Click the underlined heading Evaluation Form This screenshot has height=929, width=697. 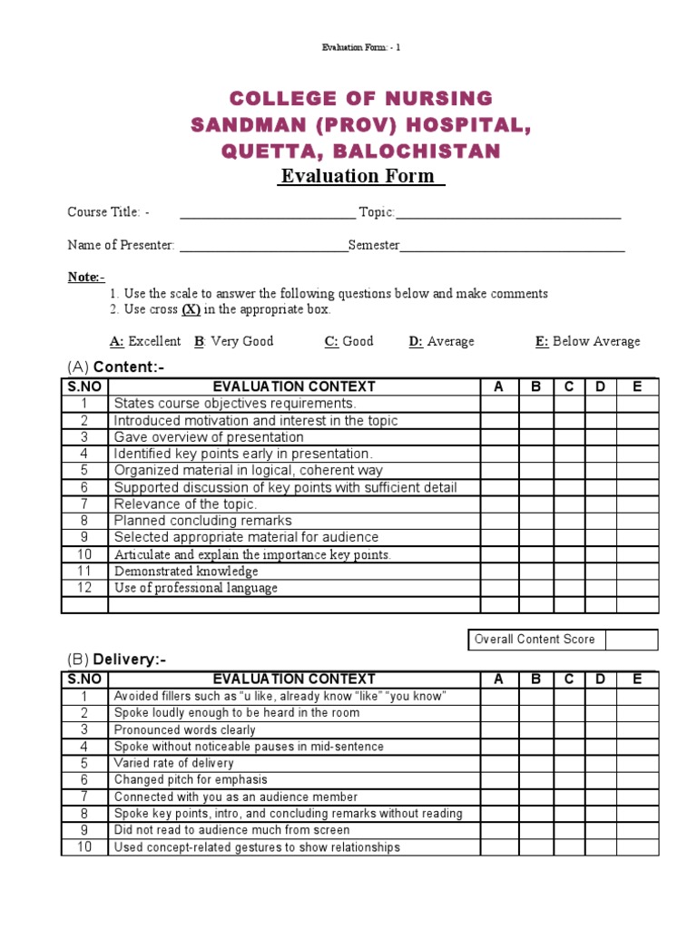click(359, 176)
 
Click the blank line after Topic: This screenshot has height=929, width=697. click(508, 213)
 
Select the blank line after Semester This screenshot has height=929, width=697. click(512, 246)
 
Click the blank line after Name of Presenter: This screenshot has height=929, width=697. click(263, 246)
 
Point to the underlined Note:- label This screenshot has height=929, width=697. click(86, 277)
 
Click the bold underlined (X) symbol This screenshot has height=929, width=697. click(191, 309)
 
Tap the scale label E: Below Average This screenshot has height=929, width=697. click(587, 341)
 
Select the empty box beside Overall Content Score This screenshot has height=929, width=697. click(631, 640)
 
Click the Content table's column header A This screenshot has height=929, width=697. click(498, 386)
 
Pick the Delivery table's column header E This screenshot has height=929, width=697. click(637, 679)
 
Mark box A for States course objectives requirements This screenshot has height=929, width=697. click(498, 404)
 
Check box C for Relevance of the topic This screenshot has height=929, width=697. click(569, 504)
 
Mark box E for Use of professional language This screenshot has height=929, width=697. click(637, 588)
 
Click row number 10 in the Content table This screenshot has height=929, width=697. click(84, 554)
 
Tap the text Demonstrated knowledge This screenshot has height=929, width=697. click(186, 572)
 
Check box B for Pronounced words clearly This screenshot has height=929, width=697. click(535, 729)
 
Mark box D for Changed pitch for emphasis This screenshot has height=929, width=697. click(600, 780)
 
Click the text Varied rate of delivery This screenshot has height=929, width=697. click(173, 763)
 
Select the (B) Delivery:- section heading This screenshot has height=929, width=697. click(117, 660)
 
